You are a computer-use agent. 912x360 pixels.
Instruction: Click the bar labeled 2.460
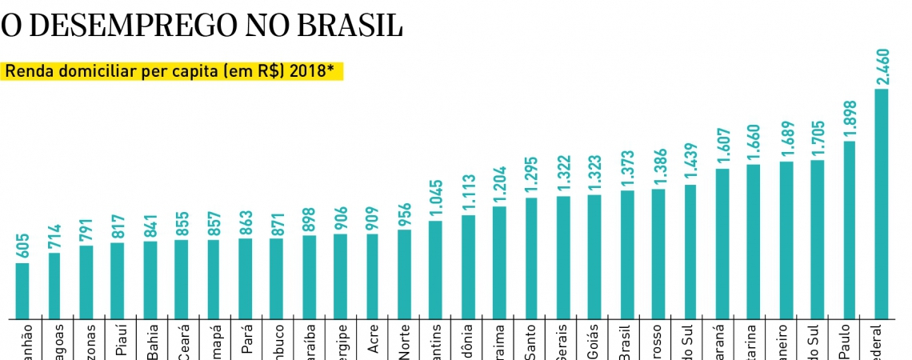pos(882,203)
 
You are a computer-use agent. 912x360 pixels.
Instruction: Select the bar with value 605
pos(22,290)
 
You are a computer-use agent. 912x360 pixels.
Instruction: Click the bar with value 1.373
pos(627,254)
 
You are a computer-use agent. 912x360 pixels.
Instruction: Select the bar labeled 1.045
pos(435,269)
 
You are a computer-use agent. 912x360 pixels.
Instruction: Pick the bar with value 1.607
pos(722,242)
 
